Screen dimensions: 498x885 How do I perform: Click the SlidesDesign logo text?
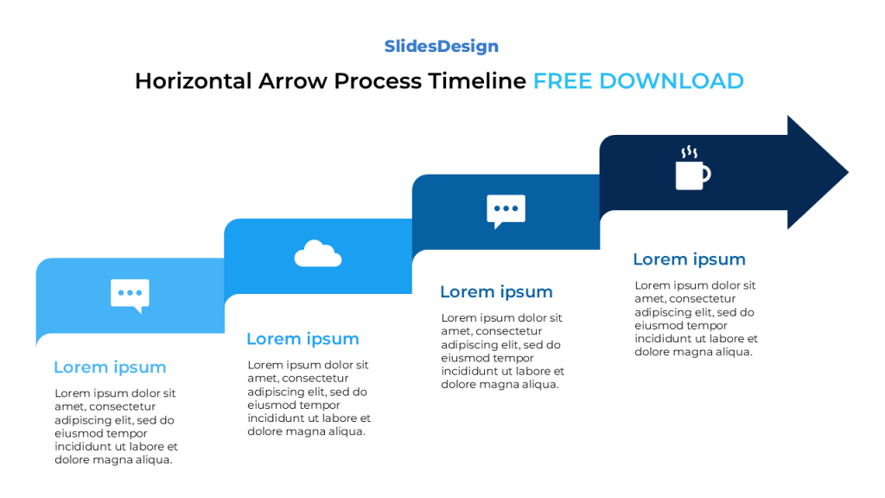pos(441,47)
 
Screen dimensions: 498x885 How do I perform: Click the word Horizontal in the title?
pos(192,81)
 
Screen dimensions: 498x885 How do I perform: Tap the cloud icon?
pos(318,254)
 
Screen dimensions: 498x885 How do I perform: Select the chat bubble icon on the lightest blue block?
pos(130,295)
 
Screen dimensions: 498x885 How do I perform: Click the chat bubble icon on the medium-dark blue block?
pos(506,211)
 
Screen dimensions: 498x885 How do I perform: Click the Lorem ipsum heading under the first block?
pos(110,367)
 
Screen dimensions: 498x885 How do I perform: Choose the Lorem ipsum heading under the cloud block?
pos(302,339)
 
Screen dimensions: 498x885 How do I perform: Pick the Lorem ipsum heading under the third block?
pos(496,292)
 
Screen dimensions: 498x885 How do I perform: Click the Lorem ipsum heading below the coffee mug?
pos(689,259)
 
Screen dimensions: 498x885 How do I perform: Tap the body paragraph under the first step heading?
pos(116,426)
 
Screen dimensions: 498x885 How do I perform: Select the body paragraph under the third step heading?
pos(502,351)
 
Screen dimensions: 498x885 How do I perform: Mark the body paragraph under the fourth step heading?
pos(696,318)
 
